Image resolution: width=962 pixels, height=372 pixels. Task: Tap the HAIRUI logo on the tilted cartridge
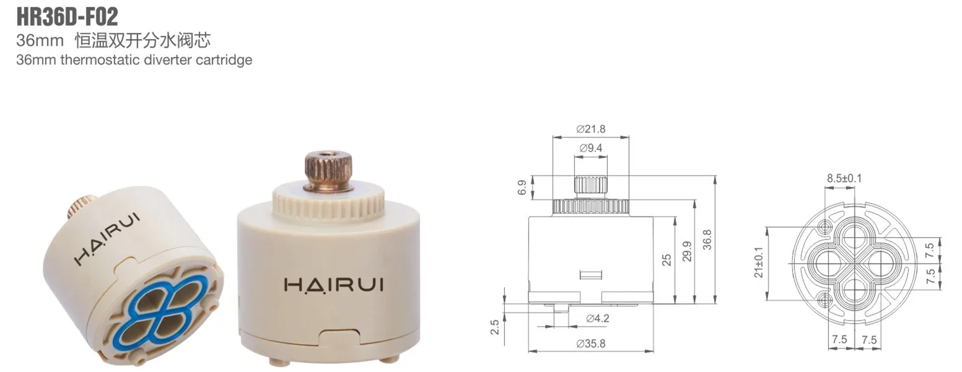(x=107, y=238)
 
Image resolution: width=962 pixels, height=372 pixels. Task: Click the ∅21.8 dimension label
(x=590, y=129)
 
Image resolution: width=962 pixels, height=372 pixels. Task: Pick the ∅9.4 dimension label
(x=590, y=148)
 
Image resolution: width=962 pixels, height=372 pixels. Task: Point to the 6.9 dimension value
(x=522, y=188)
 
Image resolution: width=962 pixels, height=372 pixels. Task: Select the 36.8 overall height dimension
(x=707, y=240)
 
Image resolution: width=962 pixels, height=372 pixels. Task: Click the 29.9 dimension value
(x=687, y=251)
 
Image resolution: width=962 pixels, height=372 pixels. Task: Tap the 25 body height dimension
(x=667, y=259)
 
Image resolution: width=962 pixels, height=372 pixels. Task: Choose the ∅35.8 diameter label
(x=590, y=344)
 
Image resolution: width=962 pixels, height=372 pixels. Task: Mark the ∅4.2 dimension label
(x=597, y=318)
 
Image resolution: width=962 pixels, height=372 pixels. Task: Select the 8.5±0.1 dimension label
(x=844, y=178)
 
